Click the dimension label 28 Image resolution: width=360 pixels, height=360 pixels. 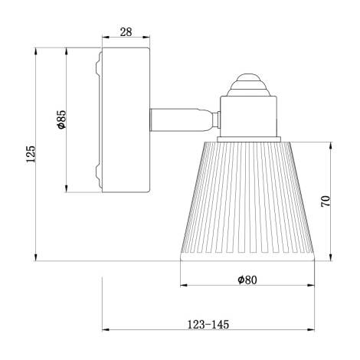(126, 33)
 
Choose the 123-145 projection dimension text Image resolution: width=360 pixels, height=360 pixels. (208, 325)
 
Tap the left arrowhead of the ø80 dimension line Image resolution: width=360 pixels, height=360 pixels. (183, 286)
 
